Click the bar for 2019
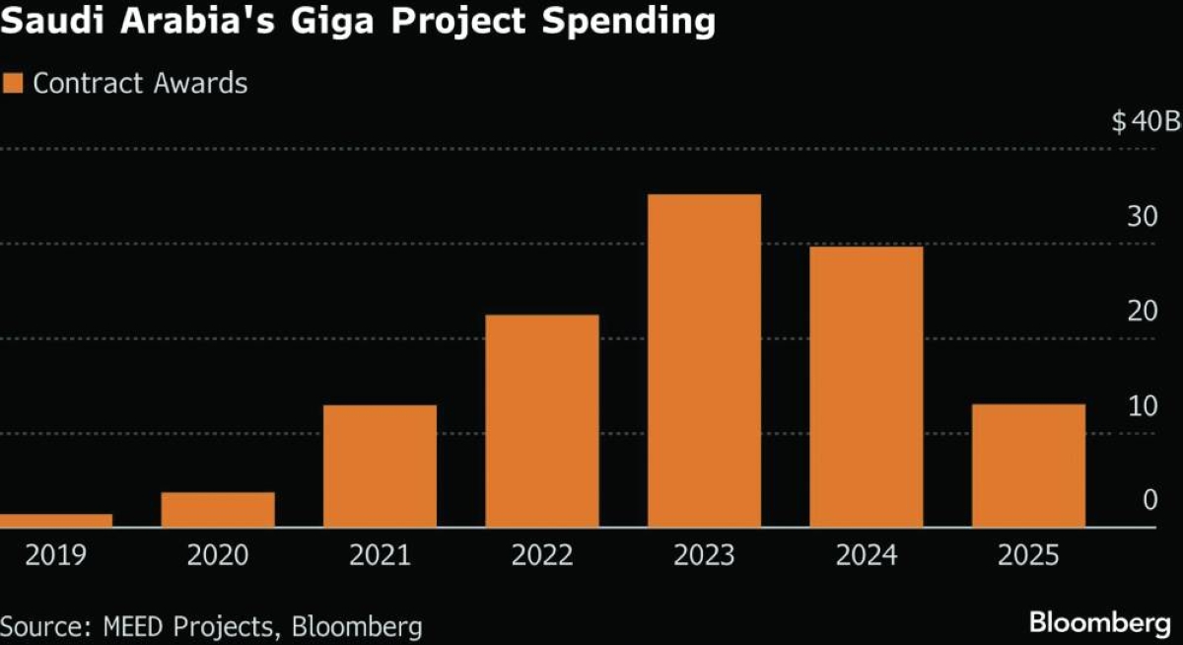(x=56, y=521)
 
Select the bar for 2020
(x=218, y=510)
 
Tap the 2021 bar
(x=380, y=466)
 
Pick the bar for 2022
(x=542, y=421)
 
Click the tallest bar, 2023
(x=704, y=361)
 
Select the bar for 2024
(x=867, y=387)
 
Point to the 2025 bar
(x=1028, y=466)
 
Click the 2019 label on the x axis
(x=56, y=556)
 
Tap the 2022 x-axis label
(x=542, y=556)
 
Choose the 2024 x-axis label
(x=867, y=556)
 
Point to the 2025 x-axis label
(x=1028, y=556)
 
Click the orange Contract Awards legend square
(x=13, y=83)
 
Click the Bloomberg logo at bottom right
(x=1100, y=623)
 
